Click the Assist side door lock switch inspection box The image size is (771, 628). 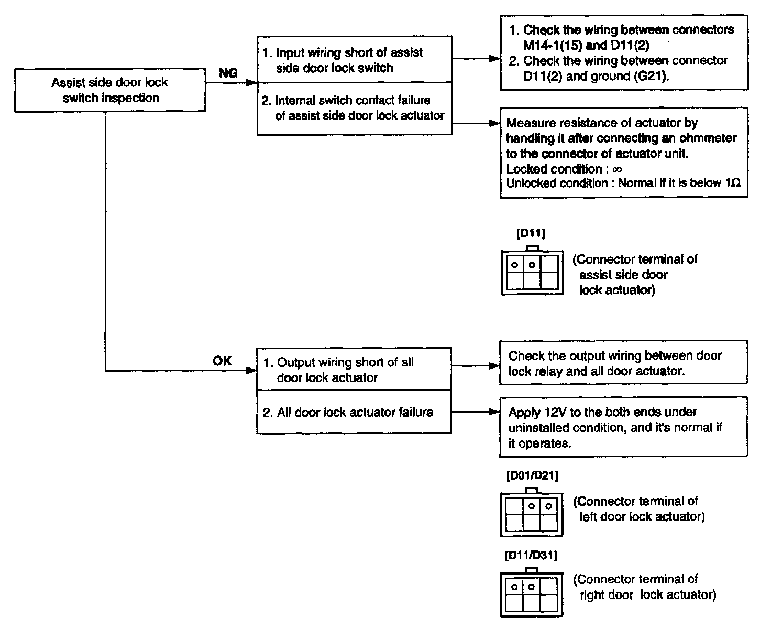pos(110,90)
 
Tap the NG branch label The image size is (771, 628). pos(228,73)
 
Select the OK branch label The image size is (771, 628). pos(222,361)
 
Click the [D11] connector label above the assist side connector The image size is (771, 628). pos(531,234)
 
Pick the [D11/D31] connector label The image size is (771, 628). pos(531,556)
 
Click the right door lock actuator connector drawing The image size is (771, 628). pos(532,594)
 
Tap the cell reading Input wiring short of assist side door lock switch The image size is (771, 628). pos(355,60)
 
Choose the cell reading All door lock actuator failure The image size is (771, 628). pos(354,412)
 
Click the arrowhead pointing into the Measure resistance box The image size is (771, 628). pos(495,124)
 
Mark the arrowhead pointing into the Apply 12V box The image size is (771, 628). pos(495,412)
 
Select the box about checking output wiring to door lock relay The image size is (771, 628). pos(623,363)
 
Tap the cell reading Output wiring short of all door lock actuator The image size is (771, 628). pos(354,370)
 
